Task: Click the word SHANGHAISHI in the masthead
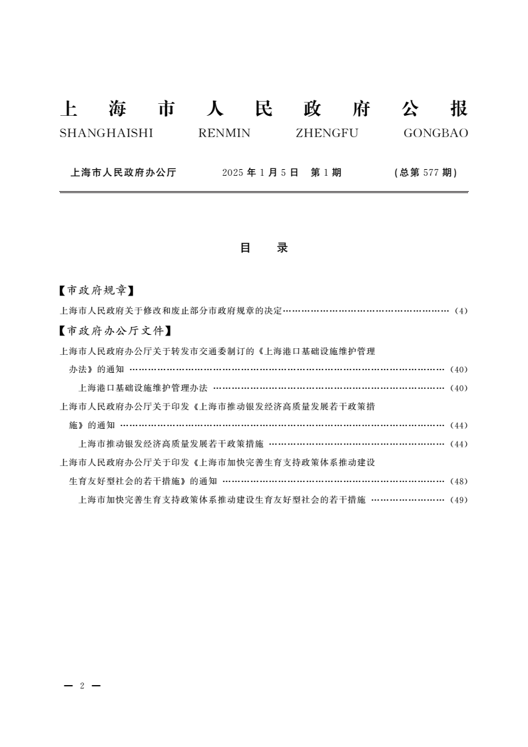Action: (x=107, y=133)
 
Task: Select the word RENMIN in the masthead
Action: (x=224, y=133)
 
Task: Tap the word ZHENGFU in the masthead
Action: (x=326, y=133)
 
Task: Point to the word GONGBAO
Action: (x=435, y=133)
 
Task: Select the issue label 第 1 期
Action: (x=326, y=172)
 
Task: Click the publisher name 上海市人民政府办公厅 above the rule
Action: (x=123, y=172)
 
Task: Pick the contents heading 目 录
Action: (x=264, y=248)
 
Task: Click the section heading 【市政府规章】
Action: (x=97, y=290)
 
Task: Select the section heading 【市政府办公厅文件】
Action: (x=115, y=330)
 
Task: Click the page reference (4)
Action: (x=461, y=311)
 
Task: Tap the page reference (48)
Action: (x=459, y=481)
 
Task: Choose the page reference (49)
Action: (x=459, y=500)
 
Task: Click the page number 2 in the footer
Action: (x=82, y=686)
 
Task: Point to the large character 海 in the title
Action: (x=120, y=109)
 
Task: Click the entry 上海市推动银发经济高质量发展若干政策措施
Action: (x=171, y=443)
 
